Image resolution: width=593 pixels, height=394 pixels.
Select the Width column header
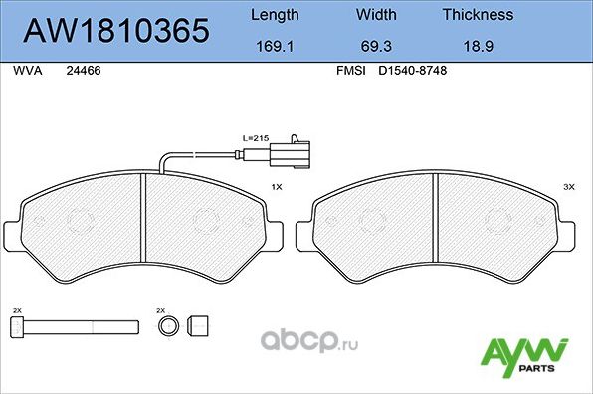(x=375, y=15)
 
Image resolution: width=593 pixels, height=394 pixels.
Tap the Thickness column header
(x=478, y=15)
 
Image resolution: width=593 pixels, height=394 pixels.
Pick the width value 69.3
(x=375, y=46)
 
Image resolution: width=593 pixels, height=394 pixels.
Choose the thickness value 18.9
(x=478, y=46)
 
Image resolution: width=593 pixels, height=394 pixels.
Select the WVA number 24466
(x=83, y=71)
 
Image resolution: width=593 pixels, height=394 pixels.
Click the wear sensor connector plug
(x=296, y=154)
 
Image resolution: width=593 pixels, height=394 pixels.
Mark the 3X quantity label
(x=569, y=186)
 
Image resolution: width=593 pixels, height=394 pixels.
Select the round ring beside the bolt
(x=170, y=324)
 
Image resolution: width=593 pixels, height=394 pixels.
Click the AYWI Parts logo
(x=524, y=354)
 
